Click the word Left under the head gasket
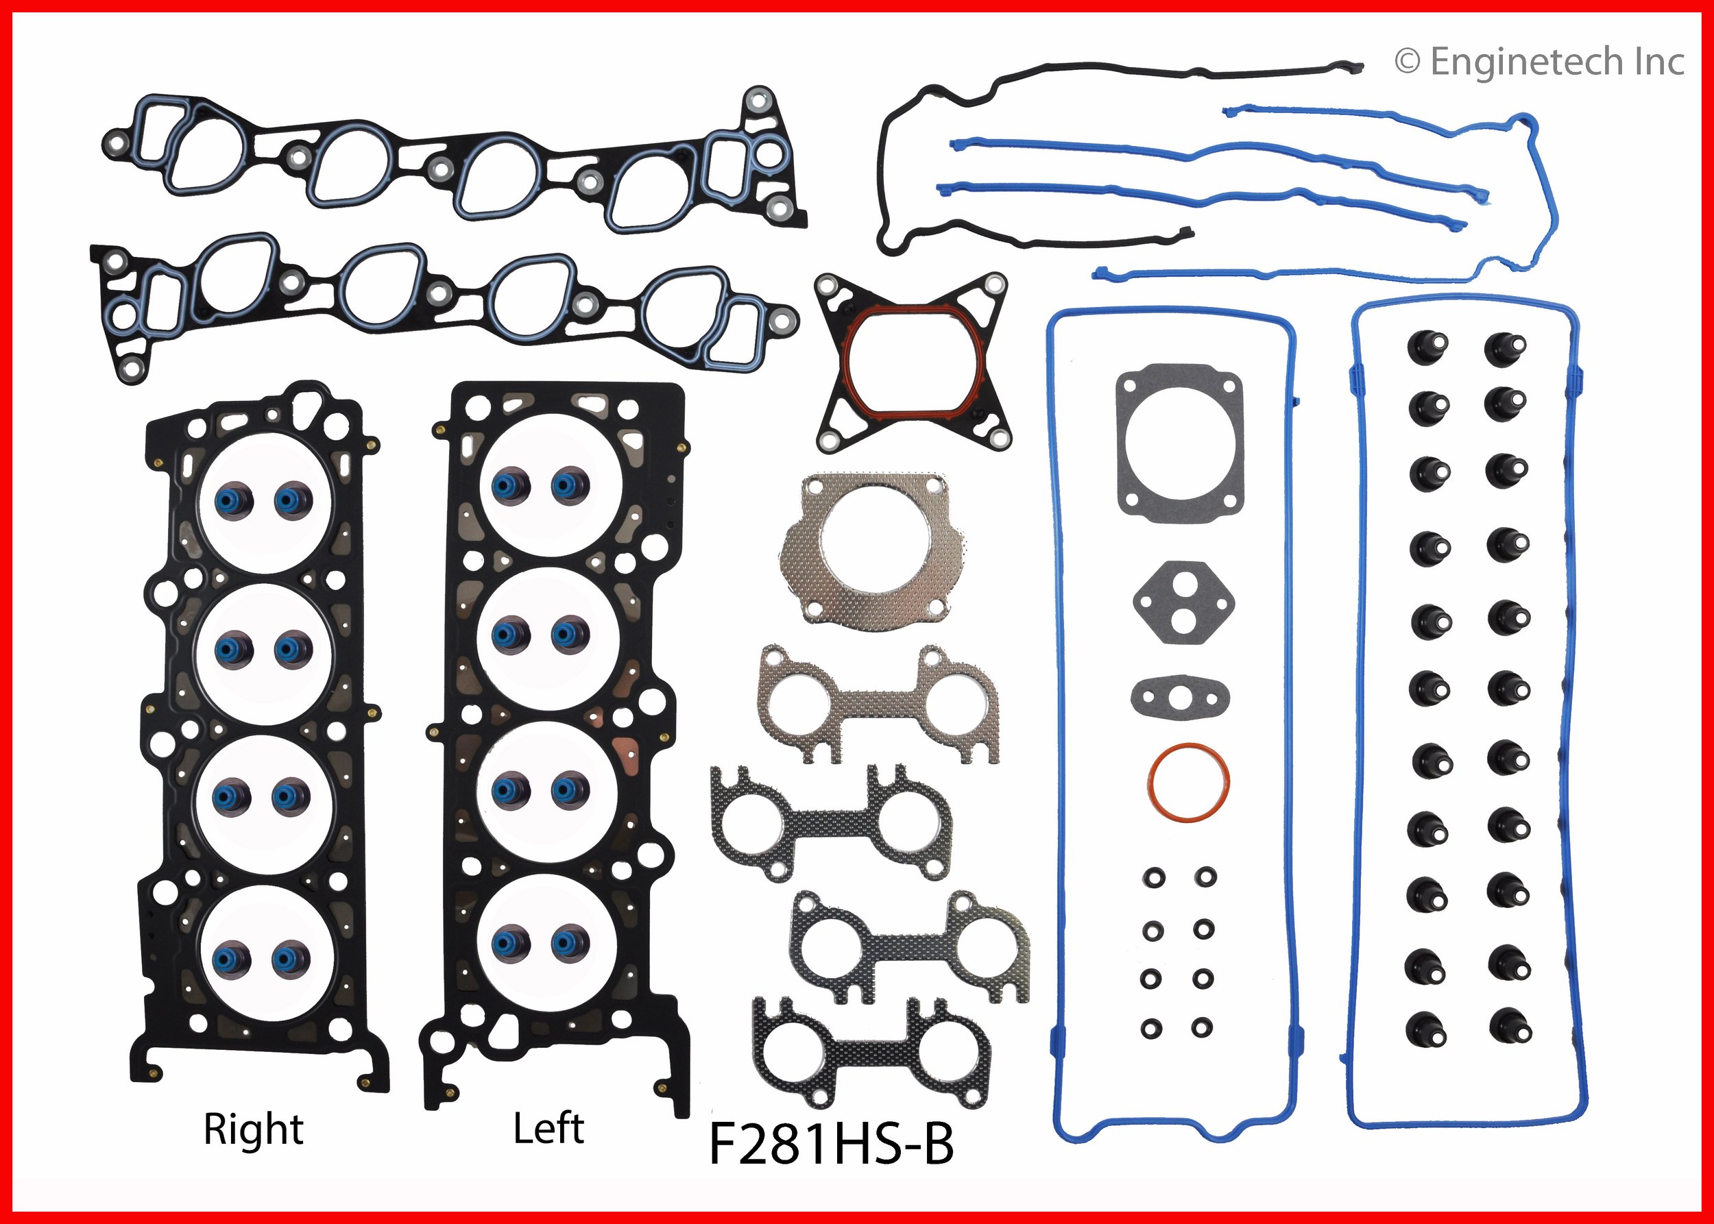[x=548, y=1128]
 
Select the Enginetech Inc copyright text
[x=1538, y=62]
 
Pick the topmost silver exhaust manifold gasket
[x=878, y=702]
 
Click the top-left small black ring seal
[x=1153, y=877]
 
